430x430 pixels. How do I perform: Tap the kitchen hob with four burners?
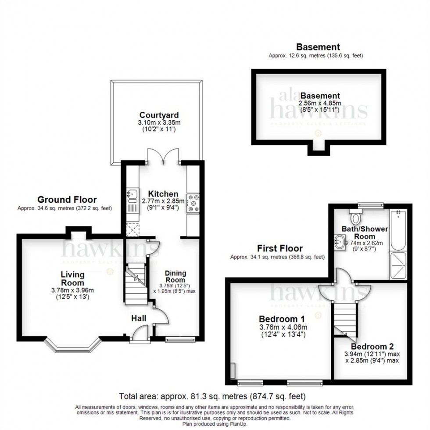[193, 203]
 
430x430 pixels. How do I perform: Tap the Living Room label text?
[72, 279]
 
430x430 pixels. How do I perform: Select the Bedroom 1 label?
[282, 318]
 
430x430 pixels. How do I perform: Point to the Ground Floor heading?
[67, 200]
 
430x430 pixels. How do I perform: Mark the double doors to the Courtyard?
[163, 156]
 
